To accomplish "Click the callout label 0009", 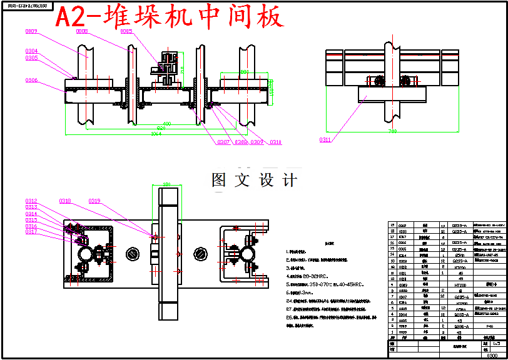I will [31, 31].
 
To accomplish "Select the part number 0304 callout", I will [31, 51].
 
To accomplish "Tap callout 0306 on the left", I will [31, 81].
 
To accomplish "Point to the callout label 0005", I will [126, 31].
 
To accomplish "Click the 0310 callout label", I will [275, 142].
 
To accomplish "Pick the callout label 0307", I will [223, 142].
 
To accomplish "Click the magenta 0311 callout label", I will [325, 140].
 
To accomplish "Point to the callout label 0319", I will [94, 201].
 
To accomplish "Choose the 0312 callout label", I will [31, 201].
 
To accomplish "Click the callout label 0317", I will [31, 232].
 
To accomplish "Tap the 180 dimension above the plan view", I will [166, 184].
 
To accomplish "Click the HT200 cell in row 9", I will [451, 284].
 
